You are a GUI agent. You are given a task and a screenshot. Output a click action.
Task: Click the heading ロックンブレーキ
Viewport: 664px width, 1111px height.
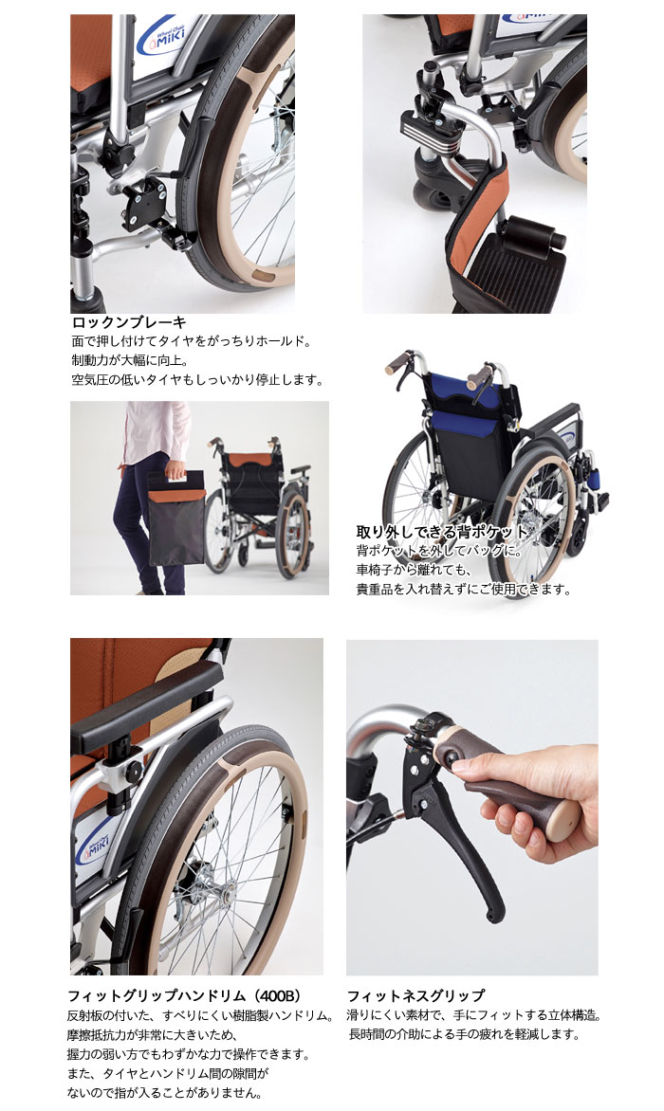[129, 322]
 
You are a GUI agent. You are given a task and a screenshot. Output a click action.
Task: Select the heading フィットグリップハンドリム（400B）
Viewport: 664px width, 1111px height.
[184, 996]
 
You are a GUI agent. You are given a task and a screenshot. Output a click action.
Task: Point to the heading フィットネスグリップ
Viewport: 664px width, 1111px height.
[415, 996]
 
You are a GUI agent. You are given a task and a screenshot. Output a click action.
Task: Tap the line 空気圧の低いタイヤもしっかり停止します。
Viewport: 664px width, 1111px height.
[197, 380]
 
